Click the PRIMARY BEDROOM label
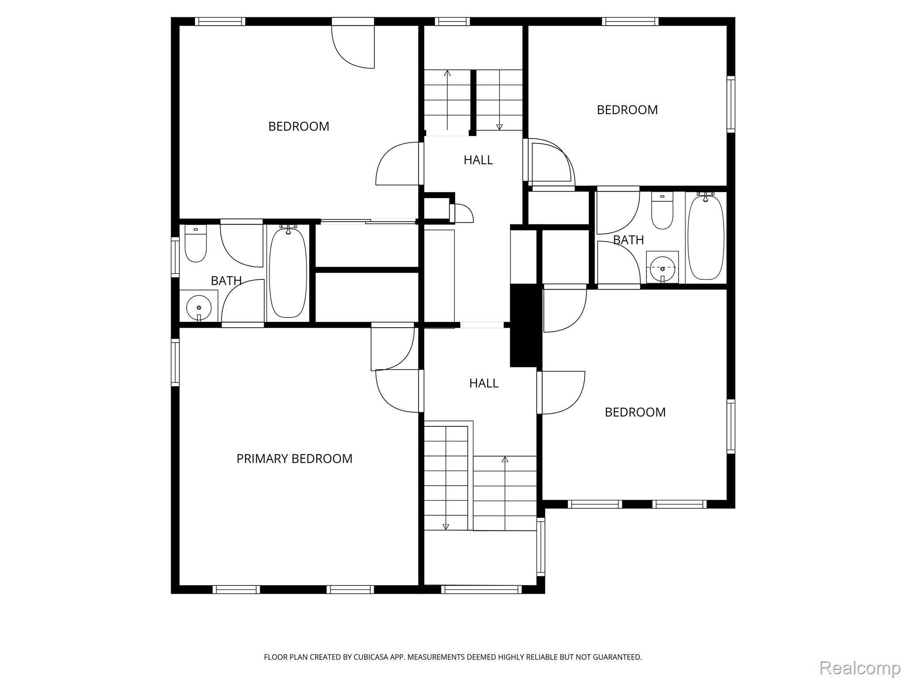pos(294,459)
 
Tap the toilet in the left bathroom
pos(196,243)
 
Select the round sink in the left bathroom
pos(199,307)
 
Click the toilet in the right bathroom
pos(662,211)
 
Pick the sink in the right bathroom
pos(662,267)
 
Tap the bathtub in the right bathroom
pos(706,237)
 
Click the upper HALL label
pos(478,160)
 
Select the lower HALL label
pos(484,383)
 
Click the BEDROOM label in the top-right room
pos(627,110)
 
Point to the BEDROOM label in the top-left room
pos(299,127)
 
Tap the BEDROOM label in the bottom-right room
pos(635,412)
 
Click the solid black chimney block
pos(526,325)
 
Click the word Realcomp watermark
pos(860,667)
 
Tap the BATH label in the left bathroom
pos(226,281)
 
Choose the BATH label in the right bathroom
pos(628,240)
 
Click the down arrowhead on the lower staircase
pos(445,527)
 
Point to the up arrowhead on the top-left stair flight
pos(447,73)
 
